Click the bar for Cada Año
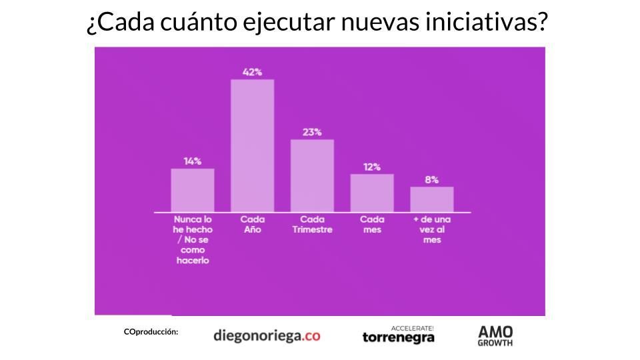click(x=252, y=145)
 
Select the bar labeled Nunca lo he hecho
click(x=193, y=190)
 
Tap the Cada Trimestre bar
click(x=312, y=175)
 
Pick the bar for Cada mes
click(x=372, y=193)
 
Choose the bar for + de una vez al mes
click(x=431, y=199)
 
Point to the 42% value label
click(x=252, y=72)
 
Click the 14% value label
click(x=193, y=161)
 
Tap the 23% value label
click(x=312, y=132)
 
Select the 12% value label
click(x=372, y=167)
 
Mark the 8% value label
click(x=431, y=179)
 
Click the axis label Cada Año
click(x=252, y=224)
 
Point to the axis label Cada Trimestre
click(x=312, y=224)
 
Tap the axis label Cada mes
click(x=372, y=224)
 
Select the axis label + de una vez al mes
click(x=431, y=229)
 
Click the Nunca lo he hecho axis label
click(x=193, y=239)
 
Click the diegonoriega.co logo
click(x=267, y=335)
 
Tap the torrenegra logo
click(x=398, y=335)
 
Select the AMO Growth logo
click(x=495, y=335)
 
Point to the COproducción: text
click(x=151, y=331)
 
